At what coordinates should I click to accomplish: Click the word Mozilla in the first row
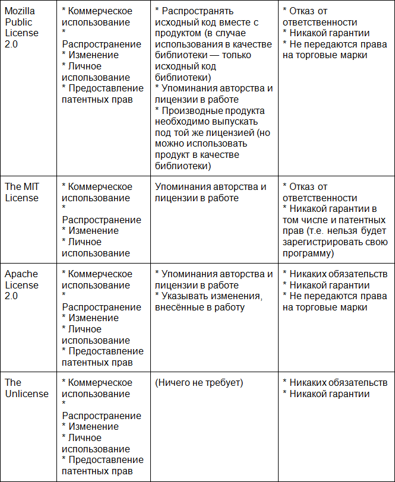(21, 11)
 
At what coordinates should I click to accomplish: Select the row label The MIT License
(22, 192)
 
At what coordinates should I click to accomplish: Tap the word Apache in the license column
(21, 274)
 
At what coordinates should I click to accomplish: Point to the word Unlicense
(27, 394)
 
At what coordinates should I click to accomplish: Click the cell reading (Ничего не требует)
(199, 383)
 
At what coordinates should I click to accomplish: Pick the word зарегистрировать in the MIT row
(319, 242)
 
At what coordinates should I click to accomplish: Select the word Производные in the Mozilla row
(191, 111)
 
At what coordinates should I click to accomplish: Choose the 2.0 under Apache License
(12, 296)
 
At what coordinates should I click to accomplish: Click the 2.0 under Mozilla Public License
(12, 45)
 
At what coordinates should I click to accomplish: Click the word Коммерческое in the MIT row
(100, 187)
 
